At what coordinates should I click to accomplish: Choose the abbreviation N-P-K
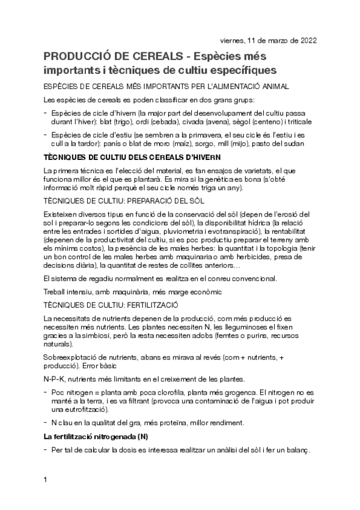pos(56,379)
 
